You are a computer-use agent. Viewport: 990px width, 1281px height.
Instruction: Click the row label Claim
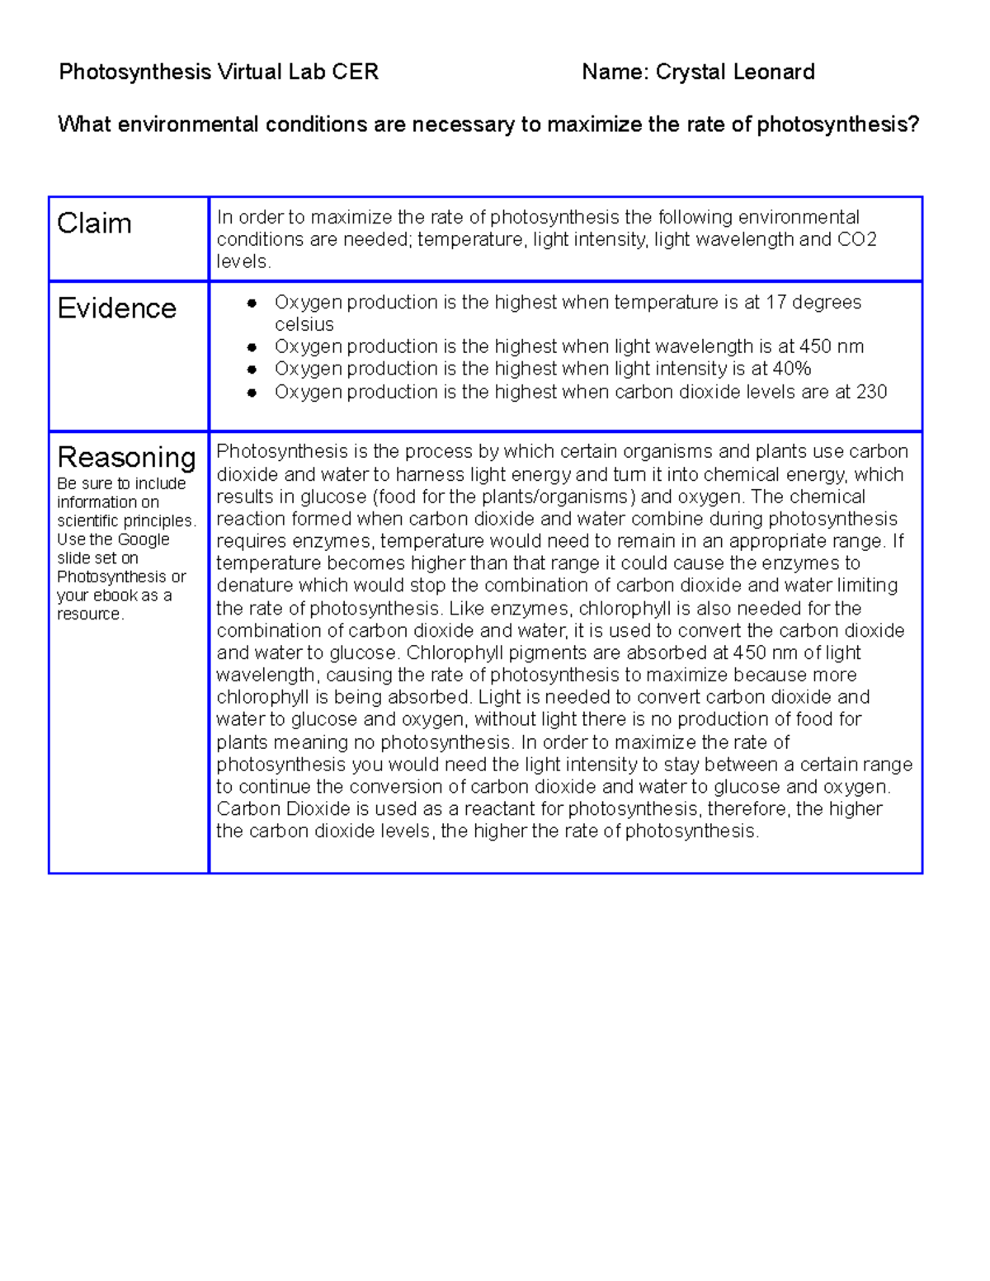point(94,224)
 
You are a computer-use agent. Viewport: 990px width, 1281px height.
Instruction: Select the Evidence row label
point(116,308)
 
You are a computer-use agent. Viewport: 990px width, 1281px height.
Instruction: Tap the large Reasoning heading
point(126,457)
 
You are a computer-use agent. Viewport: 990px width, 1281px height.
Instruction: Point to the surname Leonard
point(774,73)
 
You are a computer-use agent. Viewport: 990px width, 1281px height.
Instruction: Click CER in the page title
point(355,73)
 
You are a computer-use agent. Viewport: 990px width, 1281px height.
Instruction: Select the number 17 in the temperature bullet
point(775,303)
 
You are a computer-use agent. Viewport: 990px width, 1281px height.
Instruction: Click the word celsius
point(304,325)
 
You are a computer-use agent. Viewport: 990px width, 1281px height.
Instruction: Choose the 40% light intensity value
point(792,369)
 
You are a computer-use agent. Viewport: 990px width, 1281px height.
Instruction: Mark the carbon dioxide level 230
point(871,392)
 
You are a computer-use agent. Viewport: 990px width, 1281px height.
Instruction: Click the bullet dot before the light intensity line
point(252,370)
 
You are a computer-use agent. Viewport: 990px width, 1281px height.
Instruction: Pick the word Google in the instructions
point(142,539)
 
